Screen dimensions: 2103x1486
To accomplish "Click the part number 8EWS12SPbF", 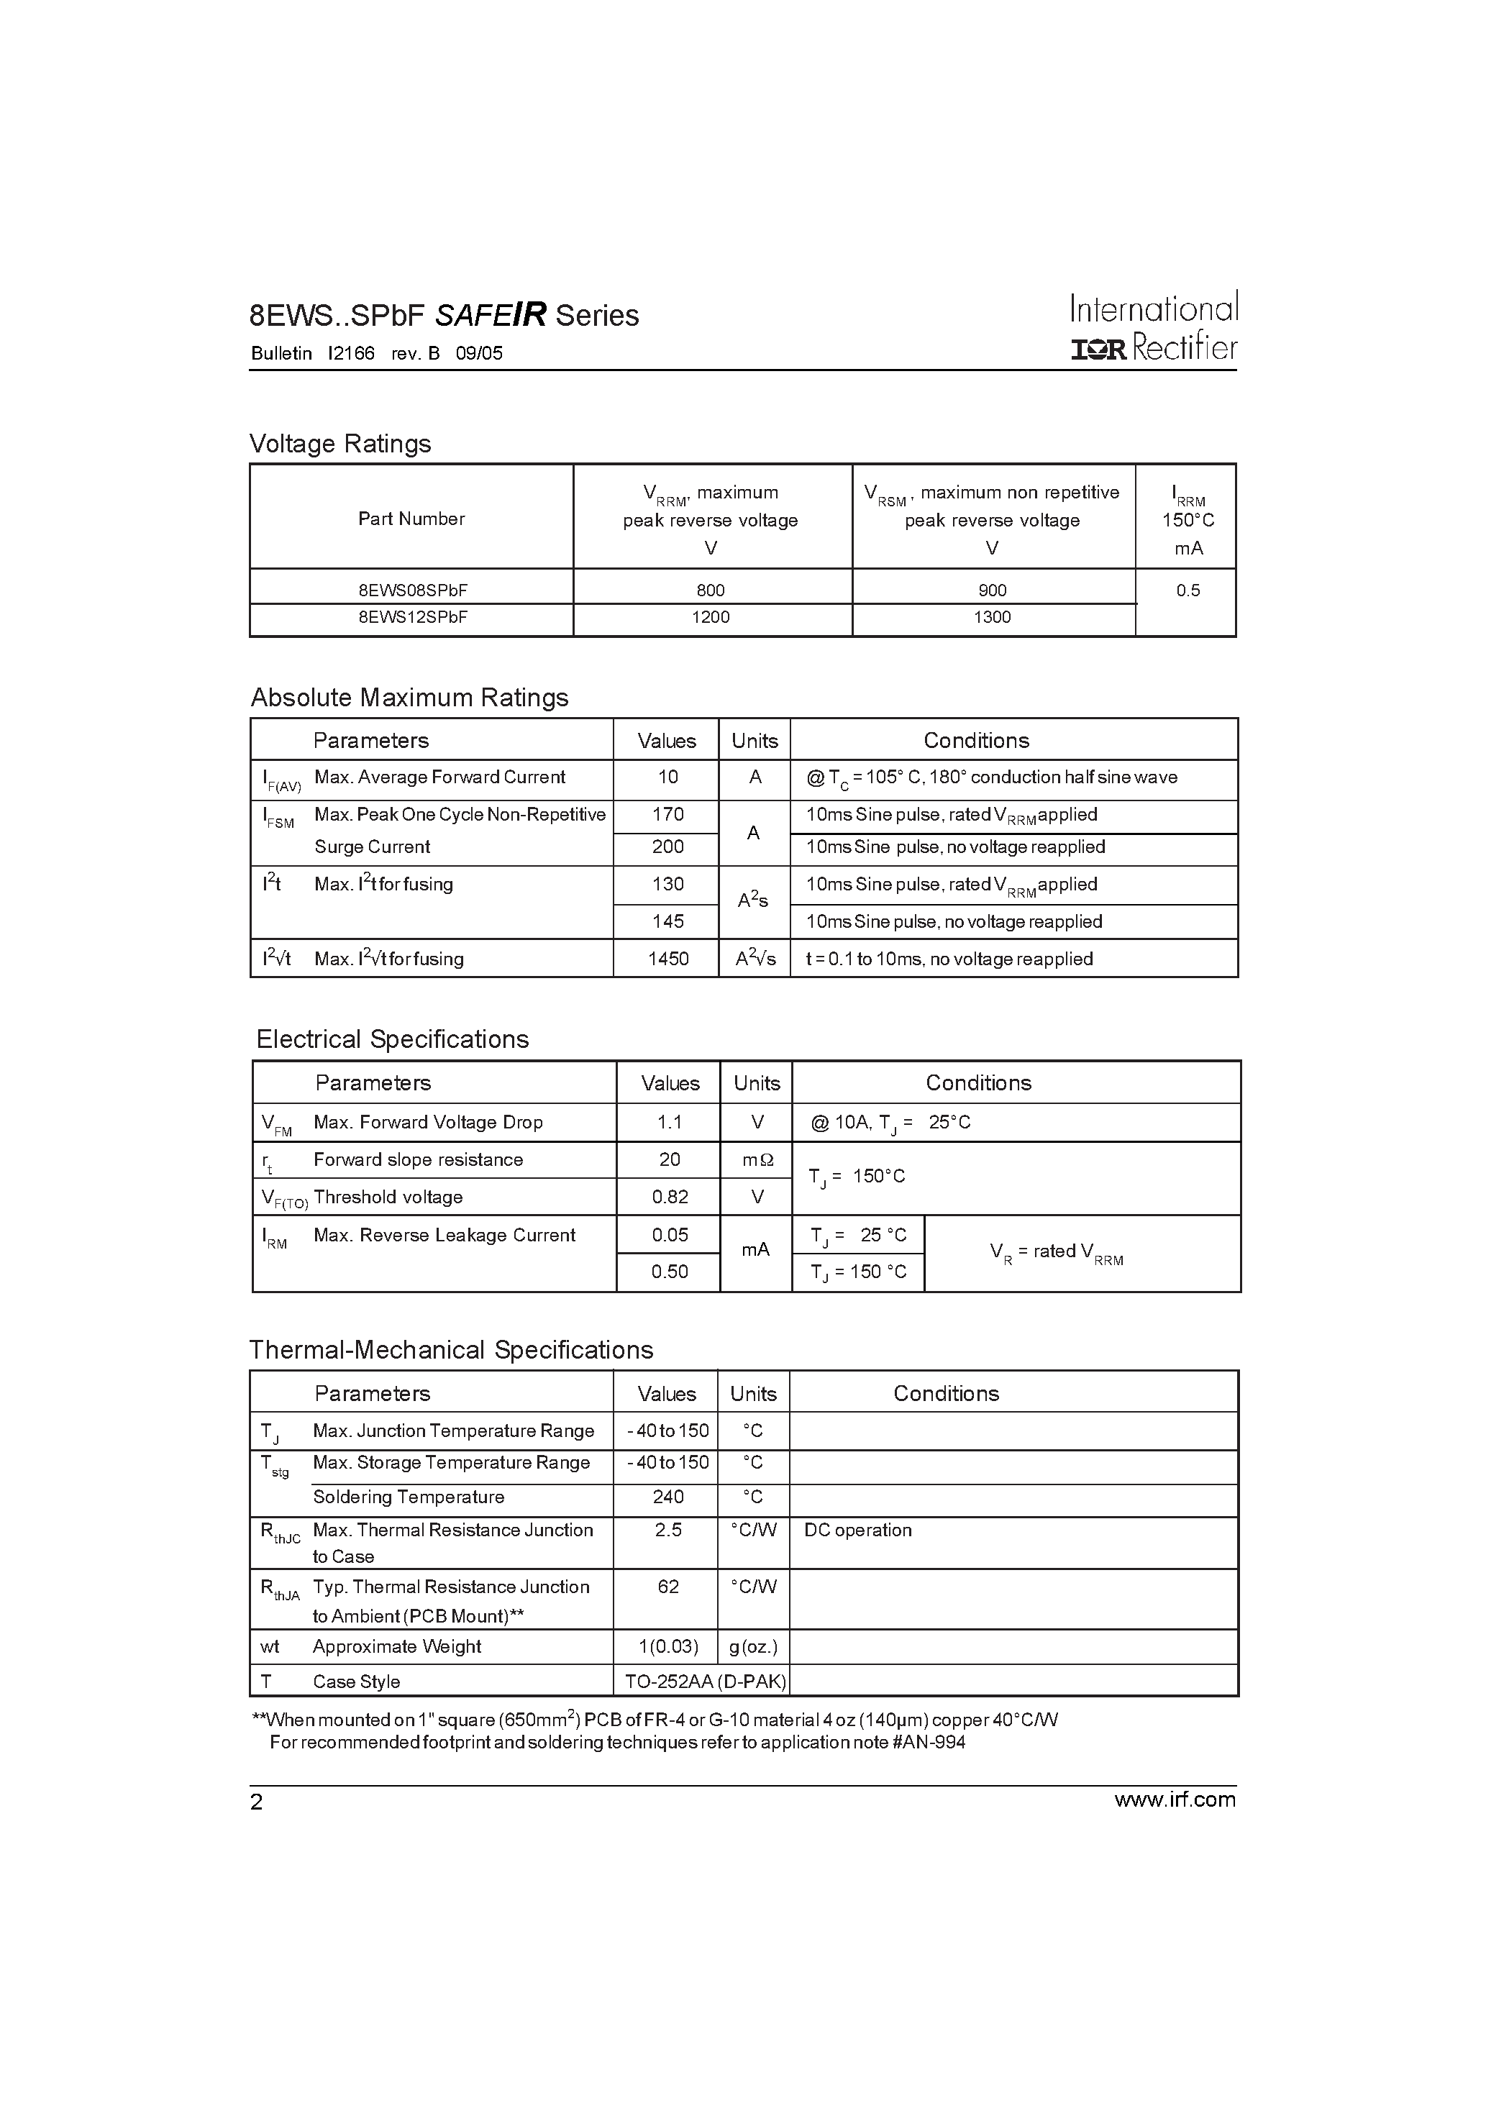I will tap(412, 617).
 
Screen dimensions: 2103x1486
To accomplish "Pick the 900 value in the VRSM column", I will tap(992, 590).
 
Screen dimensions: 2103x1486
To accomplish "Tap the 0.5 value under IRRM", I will tap(1188, 590).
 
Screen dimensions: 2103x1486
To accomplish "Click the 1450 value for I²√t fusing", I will tap(668, 959).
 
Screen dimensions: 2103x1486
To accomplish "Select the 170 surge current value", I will tap(668, 814).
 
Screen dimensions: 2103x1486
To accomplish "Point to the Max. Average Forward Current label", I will tap(439, 777).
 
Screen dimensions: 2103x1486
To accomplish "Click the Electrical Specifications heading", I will tap(392, 1039).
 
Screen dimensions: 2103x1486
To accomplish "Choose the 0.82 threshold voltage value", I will tap(670, 1197).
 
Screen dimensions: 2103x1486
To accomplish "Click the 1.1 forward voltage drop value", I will tap(670, 1122).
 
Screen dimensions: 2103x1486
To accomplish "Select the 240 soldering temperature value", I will tap(668, 1497).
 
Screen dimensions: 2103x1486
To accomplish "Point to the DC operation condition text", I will tap(857, 1531).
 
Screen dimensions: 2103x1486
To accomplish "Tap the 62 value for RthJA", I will tap(668, 1587).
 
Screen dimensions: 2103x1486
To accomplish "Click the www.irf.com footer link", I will tap(1175, 1799).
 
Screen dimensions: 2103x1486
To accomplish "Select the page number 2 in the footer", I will tap(257, 1802).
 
